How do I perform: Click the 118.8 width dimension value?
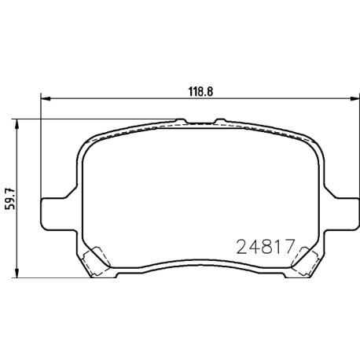coord(200,92)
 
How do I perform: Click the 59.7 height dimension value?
coord(10,199)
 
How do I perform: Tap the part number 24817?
coord(266,247)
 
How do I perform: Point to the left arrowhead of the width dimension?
coord(45,98)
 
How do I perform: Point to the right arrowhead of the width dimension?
coord(354,98)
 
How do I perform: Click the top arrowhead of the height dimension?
coord(17,123)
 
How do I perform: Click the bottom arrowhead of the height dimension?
coord(17,274)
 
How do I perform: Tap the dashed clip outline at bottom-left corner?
coord(96,261)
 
